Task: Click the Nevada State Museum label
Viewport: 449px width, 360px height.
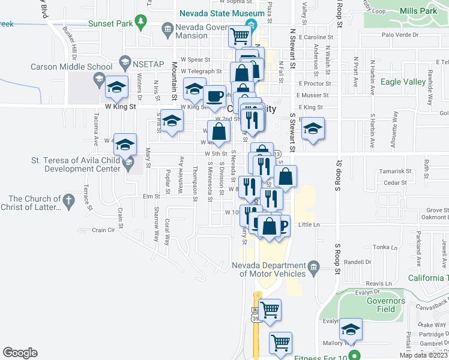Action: tap(221, 14)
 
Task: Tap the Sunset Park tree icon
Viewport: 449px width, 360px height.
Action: tap(141, 23)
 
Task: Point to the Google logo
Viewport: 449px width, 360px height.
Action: tap(20, 352)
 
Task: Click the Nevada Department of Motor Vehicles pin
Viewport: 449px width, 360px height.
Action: tap(313, 266)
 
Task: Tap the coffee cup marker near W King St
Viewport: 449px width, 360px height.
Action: tap(214, 96)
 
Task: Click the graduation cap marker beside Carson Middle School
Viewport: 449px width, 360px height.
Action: tap(116, 86)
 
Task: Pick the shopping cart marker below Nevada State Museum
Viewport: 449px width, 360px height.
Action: tap(240, 36)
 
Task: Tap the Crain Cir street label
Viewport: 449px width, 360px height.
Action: tap(103, 230)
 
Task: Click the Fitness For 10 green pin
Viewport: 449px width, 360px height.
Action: tap(355, 355)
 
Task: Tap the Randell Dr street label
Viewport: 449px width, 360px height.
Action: tap(358, 262)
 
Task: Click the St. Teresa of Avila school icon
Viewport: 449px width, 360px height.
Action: tap(127, 162)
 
